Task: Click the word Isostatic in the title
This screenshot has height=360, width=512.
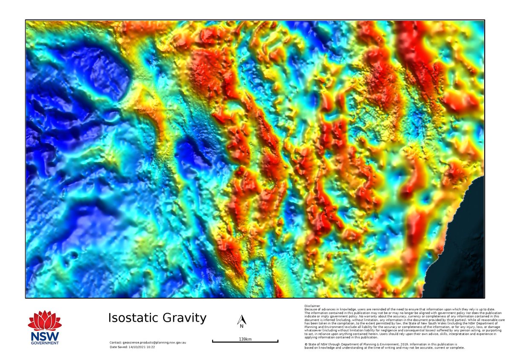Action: [131, 318]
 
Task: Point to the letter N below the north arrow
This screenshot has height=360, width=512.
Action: [241, 327]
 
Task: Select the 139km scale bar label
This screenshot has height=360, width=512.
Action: [245, 339]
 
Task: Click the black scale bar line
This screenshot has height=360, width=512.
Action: [245, 342]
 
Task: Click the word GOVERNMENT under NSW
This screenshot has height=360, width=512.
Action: [44, 343]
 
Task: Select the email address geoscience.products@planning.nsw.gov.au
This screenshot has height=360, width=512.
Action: [154, 343]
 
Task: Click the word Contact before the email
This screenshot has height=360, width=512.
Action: [116, 343]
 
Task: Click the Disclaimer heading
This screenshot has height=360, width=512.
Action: [312, 306]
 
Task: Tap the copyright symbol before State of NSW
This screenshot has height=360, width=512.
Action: [306, 344]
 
